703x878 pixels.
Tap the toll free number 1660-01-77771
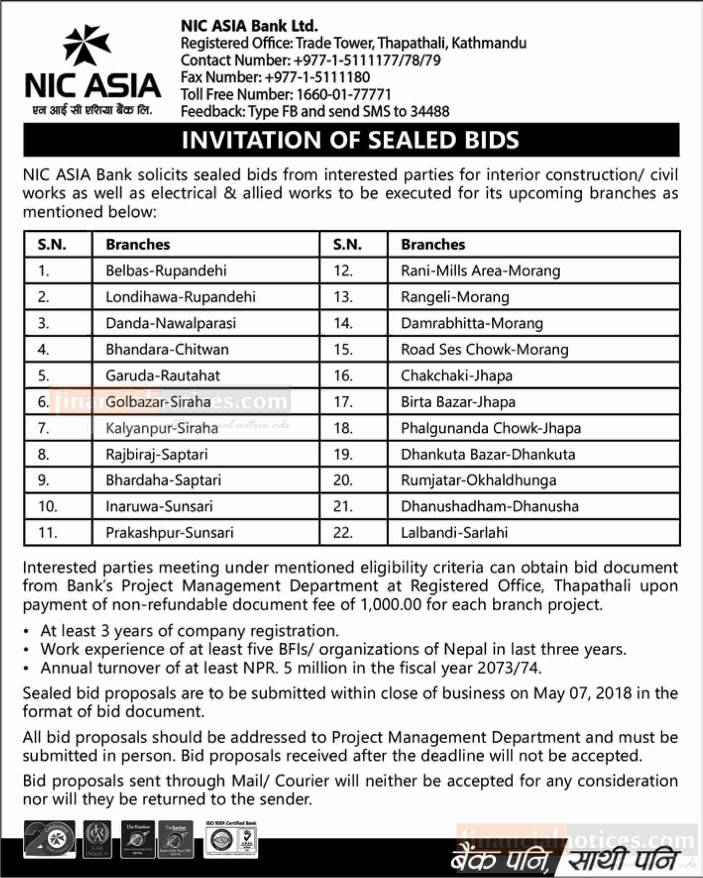tap(344, 94)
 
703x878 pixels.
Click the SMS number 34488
tap(430, 111)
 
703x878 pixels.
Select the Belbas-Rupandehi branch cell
tap(166, 270)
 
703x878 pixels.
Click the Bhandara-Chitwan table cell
tap(167, 349)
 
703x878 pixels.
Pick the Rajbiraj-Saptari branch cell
tap(157, 454)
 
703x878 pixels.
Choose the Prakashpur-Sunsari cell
tap(169, 532)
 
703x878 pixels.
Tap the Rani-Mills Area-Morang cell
tap(480, 270)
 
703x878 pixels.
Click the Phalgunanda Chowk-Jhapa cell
tap(491, 428)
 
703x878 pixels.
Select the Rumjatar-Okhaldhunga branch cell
tap(478, 480)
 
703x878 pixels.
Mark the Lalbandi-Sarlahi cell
tap(454, 532)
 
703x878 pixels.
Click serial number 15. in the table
tap(343, 349)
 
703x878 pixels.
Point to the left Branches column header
tap(138, 244)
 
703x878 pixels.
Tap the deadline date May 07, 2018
tap(582, 693)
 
